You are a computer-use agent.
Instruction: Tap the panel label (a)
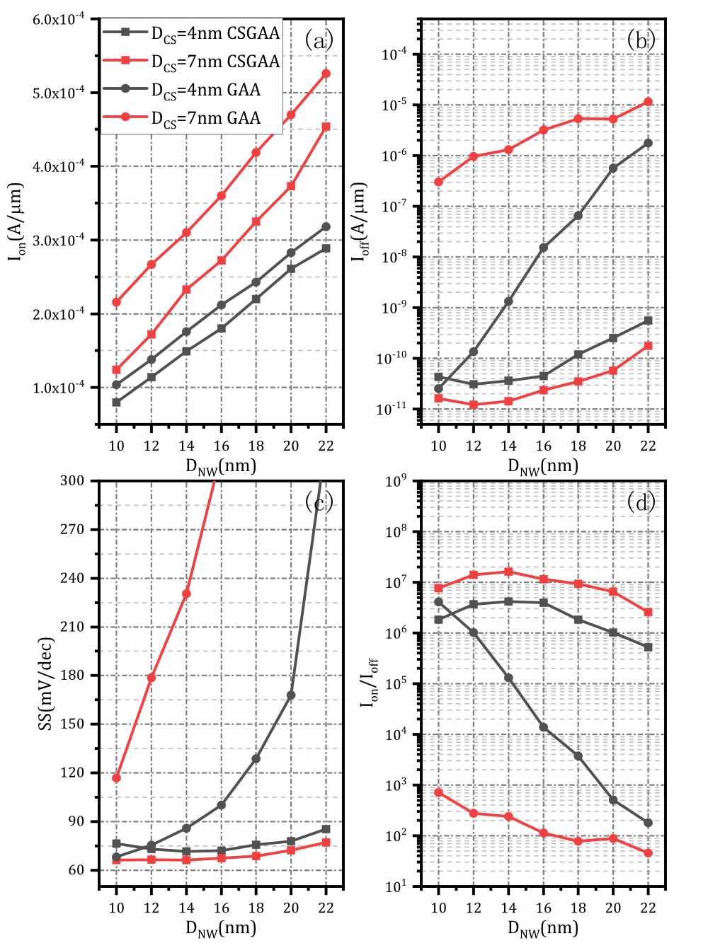pos(319,40)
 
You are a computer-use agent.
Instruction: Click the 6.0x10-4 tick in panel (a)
pos(59,19)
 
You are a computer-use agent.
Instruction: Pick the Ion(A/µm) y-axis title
pos(16,222)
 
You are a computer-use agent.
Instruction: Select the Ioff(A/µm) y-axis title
pos(360,222)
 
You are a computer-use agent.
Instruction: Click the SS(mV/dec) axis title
pos(46,684)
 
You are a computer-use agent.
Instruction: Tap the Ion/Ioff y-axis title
pos(370,683)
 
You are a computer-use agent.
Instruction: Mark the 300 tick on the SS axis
pos(72,481)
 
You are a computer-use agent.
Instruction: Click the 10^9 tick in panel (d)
pos(395,482)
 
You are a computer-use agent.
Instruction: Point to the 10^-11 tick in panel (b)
pos(394,409)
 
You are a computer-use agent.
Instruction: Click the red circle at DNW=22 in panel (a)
pos(326,74)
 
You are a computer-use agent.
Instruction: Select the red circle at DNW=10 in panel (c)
pos(116,778)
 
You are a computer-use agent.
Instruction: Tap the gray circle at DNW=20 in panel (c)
pos(291,695)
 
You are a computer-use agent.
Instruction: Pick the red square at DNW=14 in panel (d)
pos(508,572)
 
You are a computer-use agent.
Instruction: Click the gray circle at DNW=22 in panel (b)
pos(648,143)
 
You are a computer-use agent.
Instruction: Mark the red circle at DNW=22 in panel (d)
pos(648,853)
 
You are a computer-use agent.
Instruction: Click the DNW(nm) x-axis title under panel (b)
pos(543,466)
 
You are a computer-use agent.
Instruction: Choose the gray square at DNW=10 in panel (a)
pos(116,403)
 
